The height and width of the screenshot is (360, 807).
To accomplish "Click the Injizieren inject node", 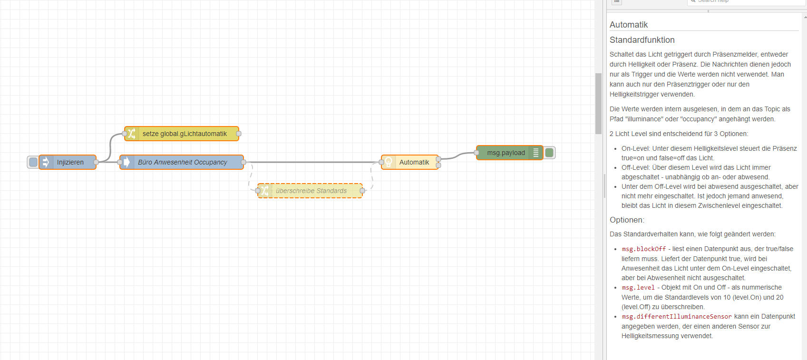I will click(x=70, y=162).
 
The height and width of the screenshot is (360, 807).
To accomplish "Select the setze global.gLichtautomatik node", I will click(x=185, y=134).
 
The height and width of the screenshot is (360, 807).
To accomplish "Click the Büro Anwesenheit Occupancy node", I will click(x=183, y=162).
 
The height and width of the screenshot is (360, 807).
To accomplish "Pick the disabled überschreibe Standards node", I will click(x=311, y=191).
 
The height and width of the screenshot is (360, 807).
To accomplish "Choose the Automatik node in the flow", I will click(x=414, y=162).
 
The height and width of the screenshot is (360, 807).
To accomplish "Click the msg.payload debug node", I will click(x=506, y=153).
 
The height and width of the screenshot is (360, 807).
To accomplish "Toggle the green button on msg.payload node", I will click(x=549, y=153).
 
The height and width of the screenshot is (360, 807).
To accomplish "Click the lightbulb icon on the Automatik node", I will click(x=389, y=162).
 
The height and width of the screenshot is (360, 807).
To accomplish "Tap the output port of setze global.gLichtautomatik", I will click(x=239, y=134).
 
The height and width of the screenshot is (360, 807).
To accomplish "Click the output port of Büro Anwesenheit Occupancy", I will click(x=243, y=162).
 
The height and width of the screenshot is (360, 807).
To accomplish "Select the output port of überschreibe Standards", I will click(x=362, y=191).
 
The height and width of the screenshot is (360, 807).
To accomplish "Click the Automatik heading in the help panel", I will click(x=629, y=25).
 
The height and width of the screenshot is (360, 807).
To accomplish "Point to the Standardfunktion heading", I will click(x=642, y=40).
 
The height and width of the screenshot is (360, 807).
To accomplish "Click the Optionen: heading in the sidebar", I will click(x=627, y=220).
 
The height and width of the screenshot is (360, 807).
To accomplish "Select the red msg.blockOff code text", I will click(x=643, y=249).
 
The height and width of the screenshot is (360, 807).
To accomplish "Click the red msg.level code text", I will click(x=638, y=288).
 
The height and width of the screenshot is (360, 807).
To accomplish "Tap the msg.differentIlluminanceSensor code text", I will click(x=676, y=317).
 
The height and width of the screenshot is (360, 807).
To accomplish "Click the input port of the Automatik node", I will click(x=381, y=162).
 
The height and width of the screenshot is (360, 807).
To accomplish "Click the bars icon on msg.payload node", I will click(x=536, y=153).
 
